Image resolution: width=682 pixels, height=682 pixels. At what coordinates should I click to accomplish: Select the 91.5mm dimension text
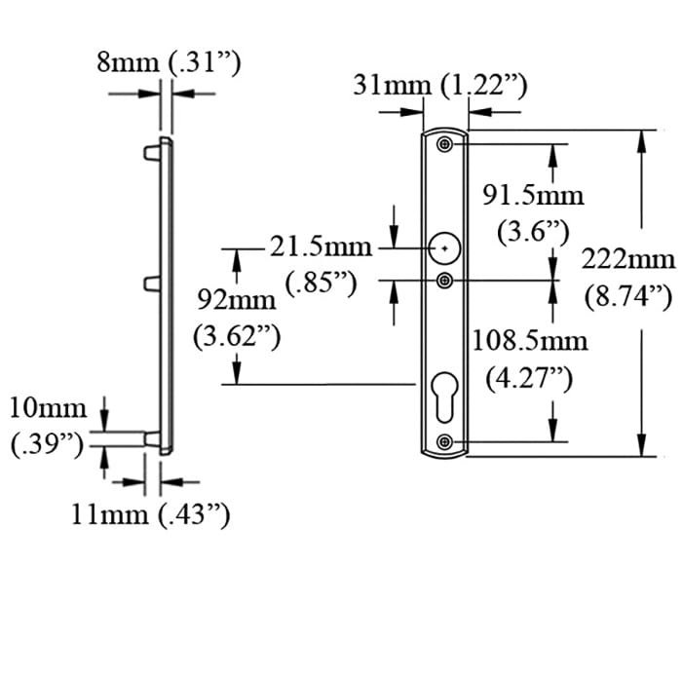pos(533,196)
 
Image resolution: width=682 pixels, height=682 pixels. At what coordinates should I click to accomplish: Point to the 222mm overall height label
pos(627,259)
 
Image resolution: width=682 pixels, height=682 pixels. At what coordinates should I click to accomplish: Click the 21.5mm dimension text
pos(322,247)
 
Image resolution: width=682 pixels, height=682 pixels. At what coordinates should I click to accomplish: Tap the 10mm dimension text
pos(48,407)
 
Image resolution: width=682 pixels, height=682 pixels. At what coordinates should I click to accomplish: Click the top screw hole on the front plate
pos(445,145)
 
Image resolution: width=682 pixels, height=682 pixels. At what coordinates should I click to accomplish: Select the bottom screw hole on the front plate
pos(445,441)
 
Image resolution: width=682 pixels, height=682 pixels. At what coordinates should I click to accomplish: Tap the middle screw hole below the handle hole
pos(445,281)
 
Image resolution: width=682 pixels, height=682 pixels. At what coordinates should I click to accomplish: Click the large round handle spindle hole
pos(445,249)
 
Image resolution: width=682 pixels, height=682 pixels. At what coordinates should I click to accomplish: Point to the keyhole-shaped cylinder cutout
pos(445,386)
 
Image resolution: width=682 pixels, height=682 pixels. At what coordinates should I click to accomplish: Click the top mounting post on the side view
pos(152,153)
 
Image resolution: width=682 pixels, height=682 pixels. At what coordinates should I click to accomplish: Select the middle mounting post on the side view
pos(152,284)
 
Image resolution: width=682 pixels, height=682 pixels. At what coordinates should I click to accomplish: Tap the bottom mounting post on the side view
pos(152,439)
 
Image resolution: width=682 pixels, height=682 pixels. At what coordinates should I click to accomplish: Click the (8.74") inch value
pos(628,296)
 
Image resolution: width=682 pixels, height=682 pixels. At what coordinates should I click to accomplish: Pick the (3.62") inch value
pos(237,336)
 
